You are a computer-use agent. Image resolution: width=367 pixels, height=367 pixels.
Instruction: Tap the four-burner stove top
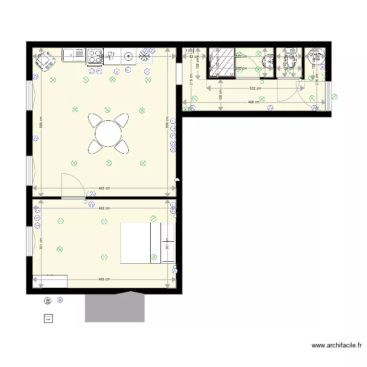(94, 56)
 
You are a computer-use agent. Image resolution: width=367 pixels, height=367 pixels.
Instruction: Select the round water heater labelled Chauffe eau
(317, 57)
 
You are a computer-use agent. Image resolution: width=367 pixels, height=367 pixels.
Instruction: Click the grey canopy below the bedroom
(115, 307)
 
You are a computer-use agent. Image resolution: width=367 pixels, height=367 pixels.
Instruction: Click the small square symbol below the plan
(48, 319)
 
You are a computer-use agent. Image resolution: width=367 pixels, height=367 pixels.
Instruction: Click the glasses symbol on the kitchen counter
(111, 55)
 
